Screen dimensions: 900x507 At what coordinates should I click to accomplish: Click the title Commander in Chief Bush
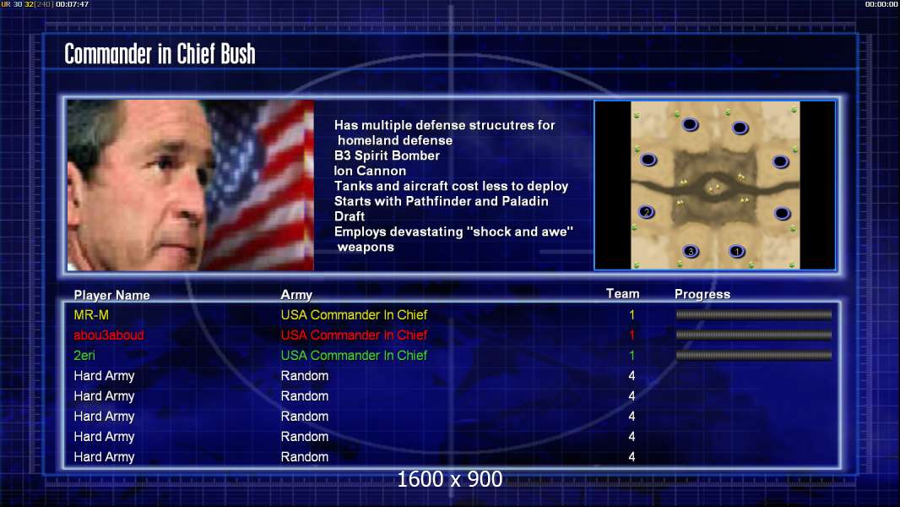pyautogui.click(x=160, y=54)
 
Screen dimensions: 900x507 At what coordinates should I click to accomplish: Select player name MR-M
pyautogui.click(x=91, y=314)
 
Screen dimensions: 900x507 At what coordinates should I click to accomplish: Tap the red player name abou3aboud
pyautogui.click(x=108, y=335)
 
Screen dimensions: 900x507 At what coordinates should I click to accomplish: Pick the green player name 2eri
pyautogui.click(x=84, y=356)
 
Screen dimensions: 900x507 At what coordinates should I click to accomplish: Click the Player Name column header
pyautogui.click(x=112, y=295)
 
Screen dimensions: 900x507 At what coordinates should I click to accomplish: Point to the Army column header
pyautogui.click(x=296, y=295)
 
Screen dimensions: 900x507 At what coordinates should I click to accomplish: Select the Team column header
pyautogui.click(x=623, y=294)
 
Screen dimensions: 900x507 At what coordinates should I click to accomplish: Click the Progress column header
pyautogui.click(x=702, y=294)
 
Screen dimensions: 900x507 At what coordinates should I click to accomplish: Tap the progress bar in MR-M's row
pyautogui.click(x=754, y=314)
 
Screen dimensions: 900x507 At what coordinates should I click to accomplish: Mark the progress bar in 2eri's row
pyautogui.click(x=754, y=356)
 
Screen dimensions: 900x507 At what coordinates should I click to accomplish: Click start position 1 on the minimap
pyautogui.click(x=737, y=251)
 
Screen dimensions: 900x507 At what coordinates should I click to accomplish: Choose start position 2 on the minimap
pyautogui.click(x=647, y=212)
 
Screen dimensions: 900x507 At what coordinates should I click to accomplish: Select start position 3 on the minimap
pyautogui.click(x=691, y=251)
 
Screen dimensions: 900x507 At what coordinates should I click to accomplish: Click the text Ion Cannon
pyautogui.click(x=371, y=171)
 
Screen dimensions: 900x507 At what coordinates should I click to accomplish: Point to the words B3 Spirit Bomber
pyautogui.click(x=387, y=155)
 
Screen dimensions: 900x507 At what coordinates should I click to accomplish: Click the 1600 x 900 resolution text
pyautogui.click(x=450, y=479)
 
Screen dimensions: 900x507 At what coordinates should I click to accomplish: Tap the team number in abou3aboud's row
pyautogui.click(x=632, y=335)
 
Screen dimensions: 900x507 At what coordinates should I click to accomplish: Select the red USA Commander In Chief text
pyautogui.click(x=354, y=335)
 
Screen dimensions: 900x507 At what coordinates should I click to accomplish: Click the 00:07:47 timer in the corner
pyautogui.click(x=73, y=4)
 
